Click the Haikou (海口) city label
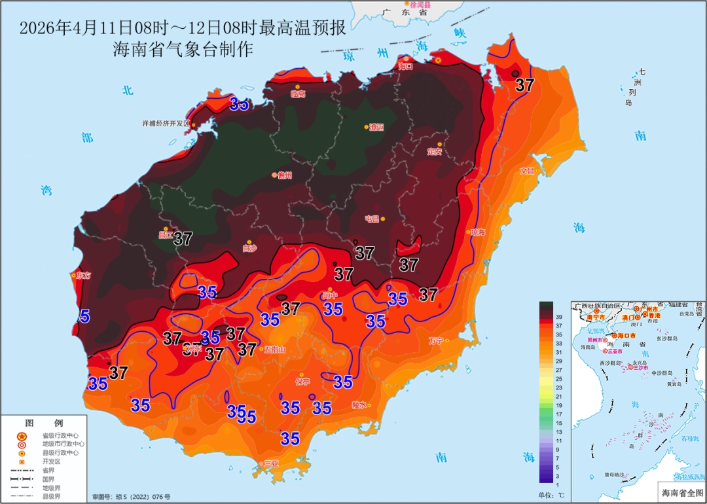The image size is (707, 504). (406, 66)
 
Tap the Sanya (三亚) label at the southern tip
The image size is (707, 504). (270, 464)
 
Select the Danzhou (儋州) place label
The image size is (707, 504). (284, 175)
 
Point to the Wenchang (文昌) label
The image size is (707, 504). (527, 171)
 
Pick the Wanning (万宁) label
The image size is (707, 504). (436, 340)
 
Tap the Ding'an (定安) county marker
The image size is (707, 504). (440, 144)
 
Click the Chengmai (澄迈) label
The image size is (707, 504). (375, 127)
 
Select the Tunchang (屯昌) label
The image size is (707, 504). (372, 219)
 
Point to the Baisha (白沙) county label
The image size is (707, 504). (249, 249)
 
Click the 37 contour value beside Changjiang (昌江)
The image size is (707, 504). (183, 239)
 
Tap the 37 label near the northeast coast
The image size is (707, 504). (524, 85)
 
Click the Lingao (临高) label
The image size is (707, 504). (298, 94)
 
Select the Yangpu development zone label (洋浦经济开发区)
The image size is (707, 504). (166, 123)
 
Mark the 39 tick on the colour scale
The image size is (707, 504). (559, 316)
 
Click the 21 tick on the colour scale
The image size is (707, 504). (559, 397)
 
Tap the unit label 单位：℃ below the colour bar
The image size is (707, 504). (551, 494)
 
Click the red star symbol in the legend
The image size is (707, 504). (22, 436)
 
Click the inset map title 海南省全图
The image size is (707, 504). (680, 492)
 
